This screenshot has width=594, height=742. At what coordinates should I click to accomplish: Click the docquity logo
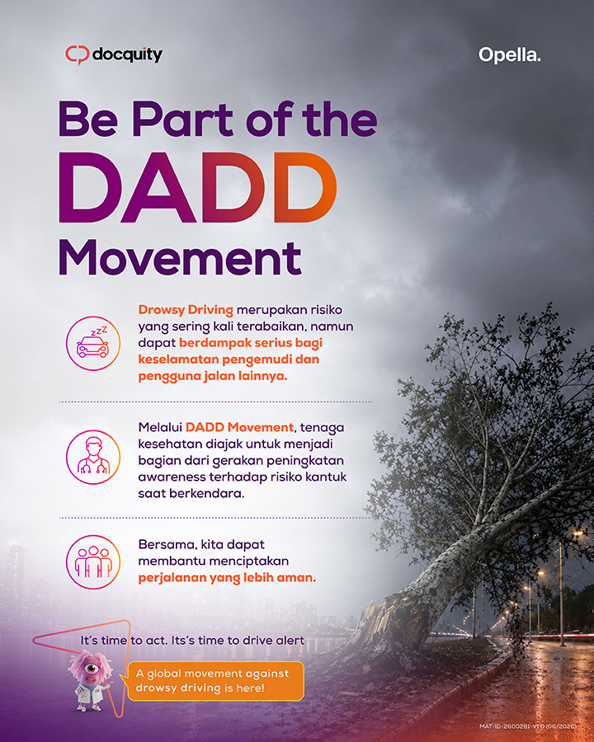point(114,54)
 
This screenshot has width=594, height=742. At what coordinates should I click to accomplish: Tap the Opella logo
point(509,55)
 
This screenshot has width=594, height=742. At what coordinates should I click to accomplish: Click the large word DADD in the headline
point(197,187)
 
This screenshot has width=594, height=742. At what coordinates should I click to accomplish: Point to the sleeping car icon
point(93,343)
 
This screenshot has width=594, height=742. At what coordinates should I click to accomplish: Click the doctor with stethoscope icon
point(93,457)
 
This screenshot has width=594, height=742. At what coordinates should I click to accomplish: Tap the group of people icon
point(93,561)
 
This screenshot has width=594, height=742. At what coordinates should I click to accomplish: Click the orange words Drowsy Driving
point(186,310)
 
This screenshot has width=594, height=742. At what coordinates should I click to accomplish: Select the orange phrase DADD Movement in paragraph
point(239,427)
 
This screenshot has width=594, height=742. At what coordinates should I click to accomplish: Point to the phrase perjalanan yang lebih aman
point(227,578)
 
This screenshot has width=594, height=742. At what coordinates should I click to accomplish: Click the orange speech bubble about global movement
point(215,680)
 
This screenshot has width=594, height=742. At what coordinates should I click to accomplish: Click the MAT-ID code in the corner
point(528,726)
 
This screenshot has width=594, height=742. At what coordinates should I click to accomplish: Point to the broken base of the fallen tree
point(379,625)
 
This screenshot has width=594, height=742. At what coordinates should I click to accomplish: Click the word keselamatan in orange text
point(178,359)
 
